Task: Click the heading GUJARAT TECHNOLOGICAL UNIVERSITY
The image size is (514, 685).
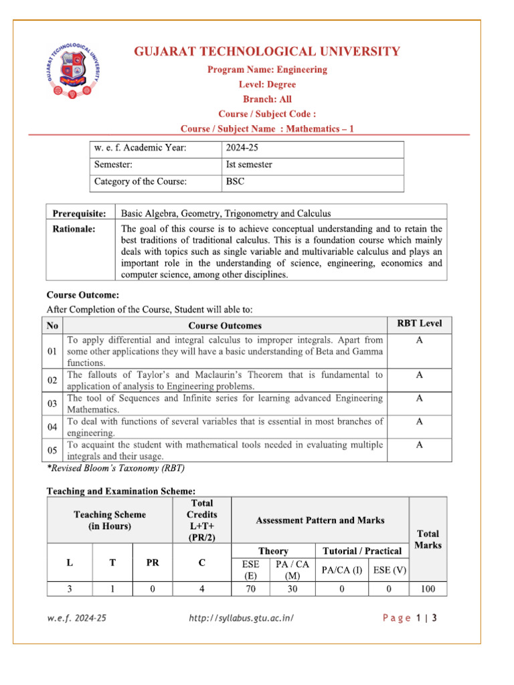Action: tap(268, 52)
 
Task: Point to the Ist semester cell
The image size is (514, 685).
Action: tap(249, 165)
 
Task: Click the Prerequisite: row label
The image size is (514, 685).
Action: tap(80, 213)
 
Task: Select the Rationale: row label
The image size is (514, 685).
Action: tap(74, 229)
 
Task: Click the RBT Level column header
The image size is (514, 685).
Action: tap(419, 324)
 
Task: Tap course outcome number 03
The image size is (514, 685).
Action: tap(53, 404)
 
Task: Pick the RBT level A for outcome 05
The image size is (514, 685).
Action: tap(419, 444)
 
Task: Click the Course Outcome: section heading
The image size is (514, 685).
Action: tap(82, 294)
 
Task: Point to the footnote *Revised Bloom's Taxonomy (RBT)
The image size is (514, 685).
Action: tap(115, 468)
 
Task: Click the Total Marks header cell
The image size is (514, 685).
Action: tap(428, 539)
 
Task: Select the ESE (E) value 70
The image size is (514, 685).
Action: tap(250, 589)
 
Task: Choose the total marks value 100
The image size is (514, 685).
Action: tap(428, 589)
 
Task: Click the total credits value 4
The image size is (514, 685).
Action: tap(201, 589)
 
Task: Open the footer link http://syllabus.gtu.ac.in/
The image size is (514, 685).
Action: tap(242, 618)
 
